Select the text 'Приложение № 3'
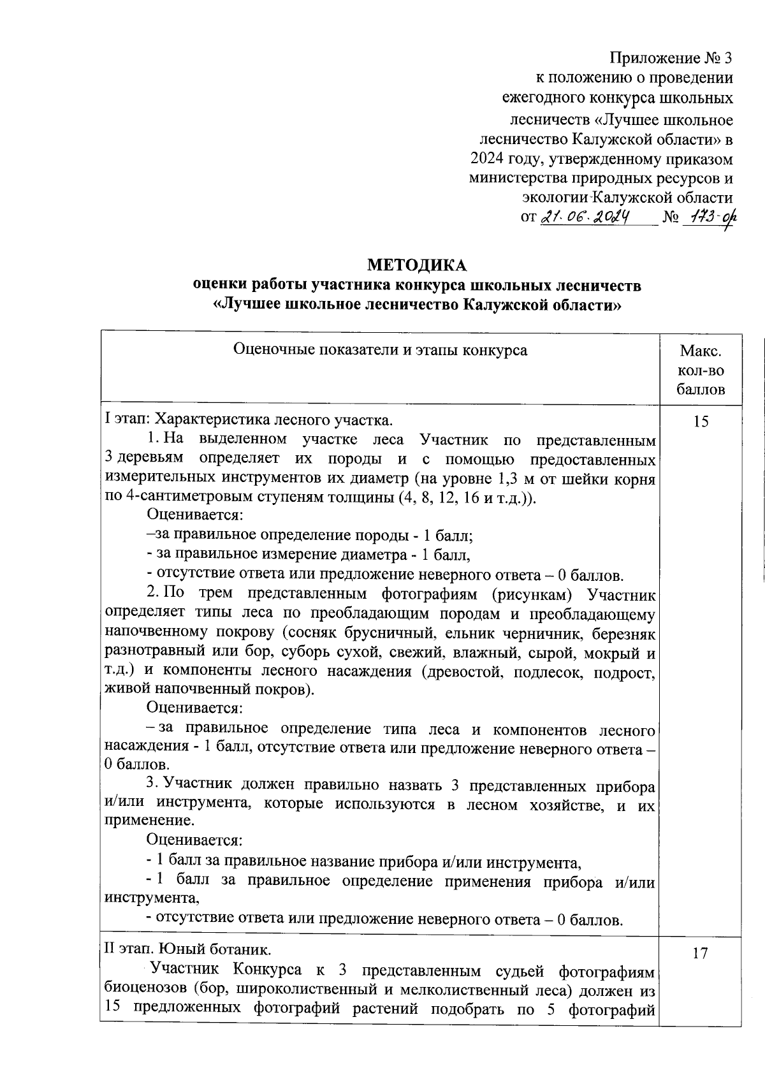click(x=671, y=59)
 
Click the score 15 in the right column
click(x=700, y=421)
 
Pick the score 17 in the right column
click(x=700, y=953)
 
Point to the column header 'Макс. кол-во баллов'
click(x=701, y=370)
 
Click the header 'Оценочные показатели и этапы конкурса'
click(x=381, y=350)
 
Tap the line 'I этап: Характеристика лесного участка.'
click(x=249, y=420)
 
